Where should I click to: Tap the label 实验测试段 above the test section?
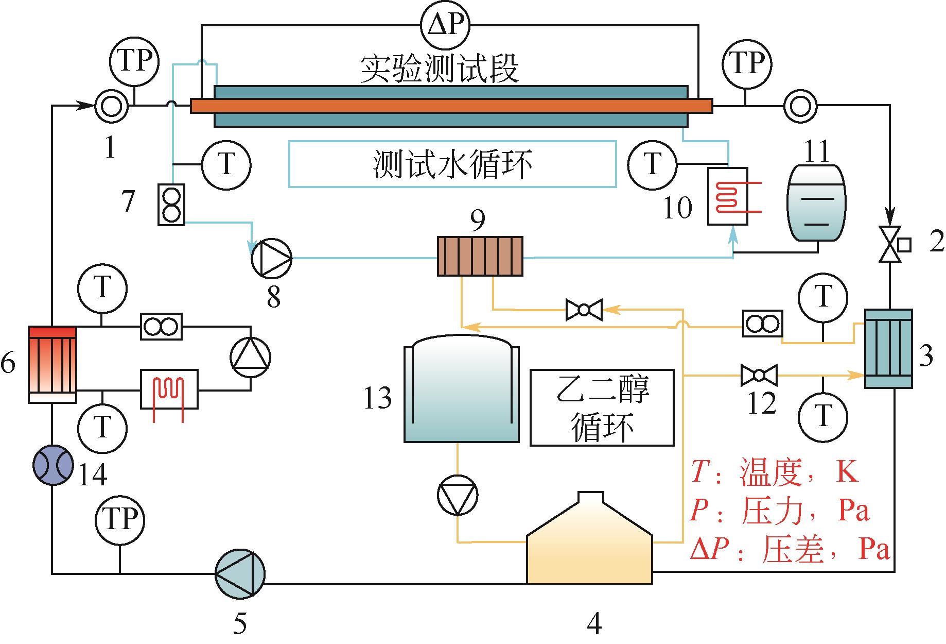(439, 69)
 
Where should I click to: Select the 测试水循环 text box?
(452, 164)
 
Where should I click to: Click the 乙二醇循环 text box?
(602, 407)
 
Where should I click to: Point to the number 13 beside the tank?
(378, 398)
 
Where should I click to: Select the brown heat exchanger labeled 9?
(480, 256)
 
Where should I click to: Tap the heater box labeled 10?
(727, 196)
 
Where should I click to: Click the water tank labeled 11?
(817, 203)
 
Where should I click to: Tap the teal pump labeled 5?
(240, 573)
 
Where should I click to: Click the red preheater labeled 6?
(52, 364)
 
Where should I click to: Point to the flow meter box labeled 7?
(171, 205)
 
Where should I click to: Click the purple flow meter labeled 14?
(52, 465)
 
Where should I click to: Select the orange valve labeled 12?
(758, 375)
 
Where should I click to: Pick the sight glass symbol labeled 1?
(111, 107)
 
